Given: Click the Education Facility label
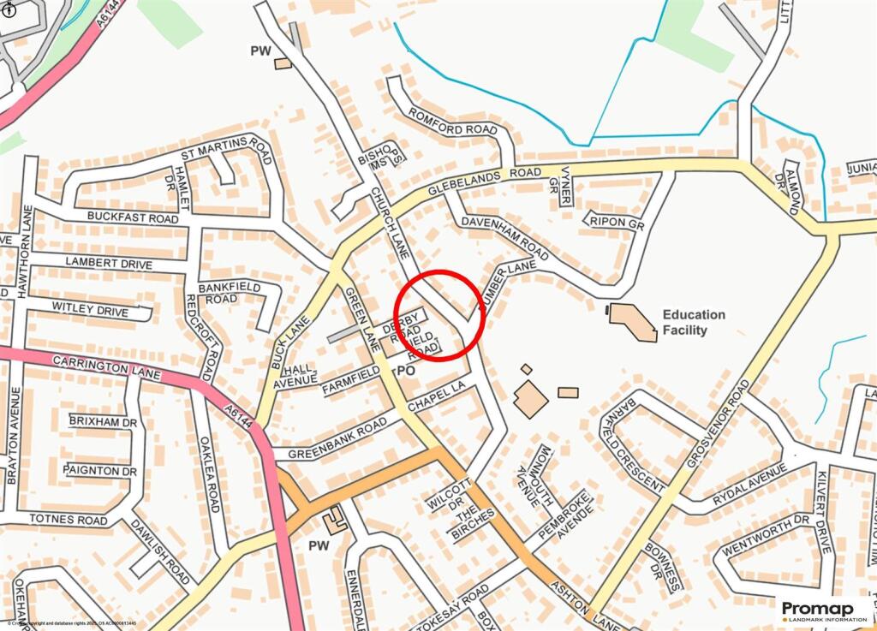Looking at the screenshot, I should pyautogui.click(x=693, y=322).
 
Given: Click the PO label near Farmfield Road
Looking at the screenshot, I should pyautogui.click(x=406, y=371).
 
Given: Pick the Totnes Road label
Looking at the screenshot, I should pyautogui.click(x=69, y=519).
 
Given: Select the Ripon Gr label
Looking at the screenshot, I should pyautogui.click(x=616, y=222).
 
